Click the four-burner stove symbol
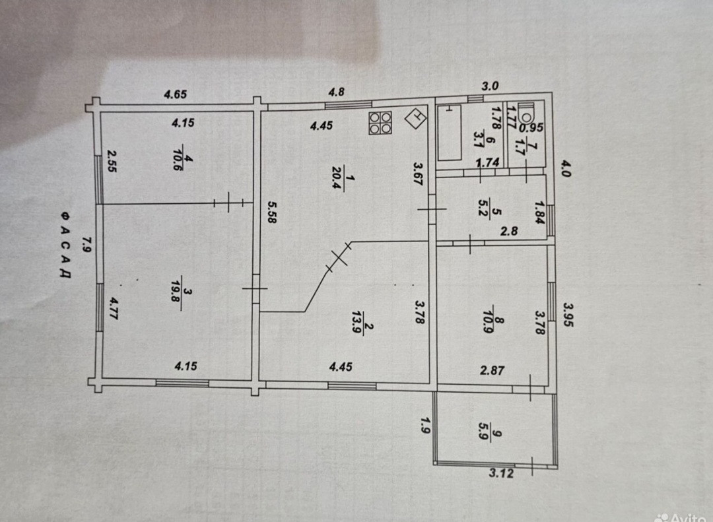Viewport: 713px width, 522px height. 381,123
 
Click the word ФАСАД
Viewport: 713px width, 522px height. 65,245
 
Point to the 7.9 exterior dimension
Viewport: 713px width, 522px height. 85,246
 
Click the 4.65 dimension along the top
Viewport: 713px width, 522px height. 176,94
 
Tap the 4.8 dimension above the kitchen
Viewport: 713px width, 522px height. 337,92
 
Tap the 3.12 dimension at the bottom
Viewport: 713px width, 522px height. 502,473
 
